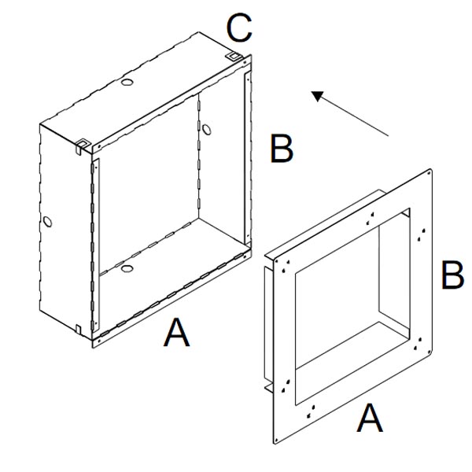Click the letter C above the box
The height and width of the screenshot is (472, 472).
pos(239,28)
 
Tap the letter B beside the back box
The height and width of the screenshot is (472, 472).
pos(282,149)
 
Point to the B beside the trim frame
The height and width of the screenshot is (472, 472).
pos(452,275)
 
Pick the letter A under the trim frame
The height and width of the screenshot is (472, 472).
pos(370,418)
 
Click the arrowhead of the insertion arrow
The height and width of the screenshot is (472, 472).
pos(318,96)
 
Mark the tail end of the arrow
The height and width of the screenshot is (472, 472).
pos(389,136)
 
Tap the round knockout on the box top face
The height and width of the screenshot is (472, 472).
pos(127,82)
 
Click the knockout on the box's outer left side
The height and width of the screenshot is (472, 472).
pos(47,222)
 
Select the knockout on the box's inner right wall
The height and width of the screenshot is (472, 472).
pos(206,130)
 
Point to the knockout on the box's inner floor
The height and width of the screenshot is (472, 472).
pos(127,268)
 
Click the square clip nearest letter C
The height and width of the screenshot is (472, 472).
pos(234,57)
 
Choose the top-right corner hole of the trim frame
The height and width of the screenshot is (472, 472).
pos(429,173)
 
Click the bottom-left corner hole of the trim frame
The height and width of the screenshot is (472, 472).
pos(276,441)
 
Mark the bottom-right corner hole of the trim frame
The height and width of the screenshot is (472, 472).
pos(429,350)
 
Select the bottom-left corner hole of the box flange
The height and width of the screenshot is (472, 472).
pos(98,341)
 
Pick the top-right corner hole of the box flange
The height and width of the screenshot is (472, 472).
pos(245,63)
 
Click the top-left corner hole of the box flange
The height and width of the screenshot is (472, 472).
pos(98,146)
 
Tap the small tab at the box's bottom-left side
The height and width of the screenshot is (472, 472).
pos(78,328)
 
